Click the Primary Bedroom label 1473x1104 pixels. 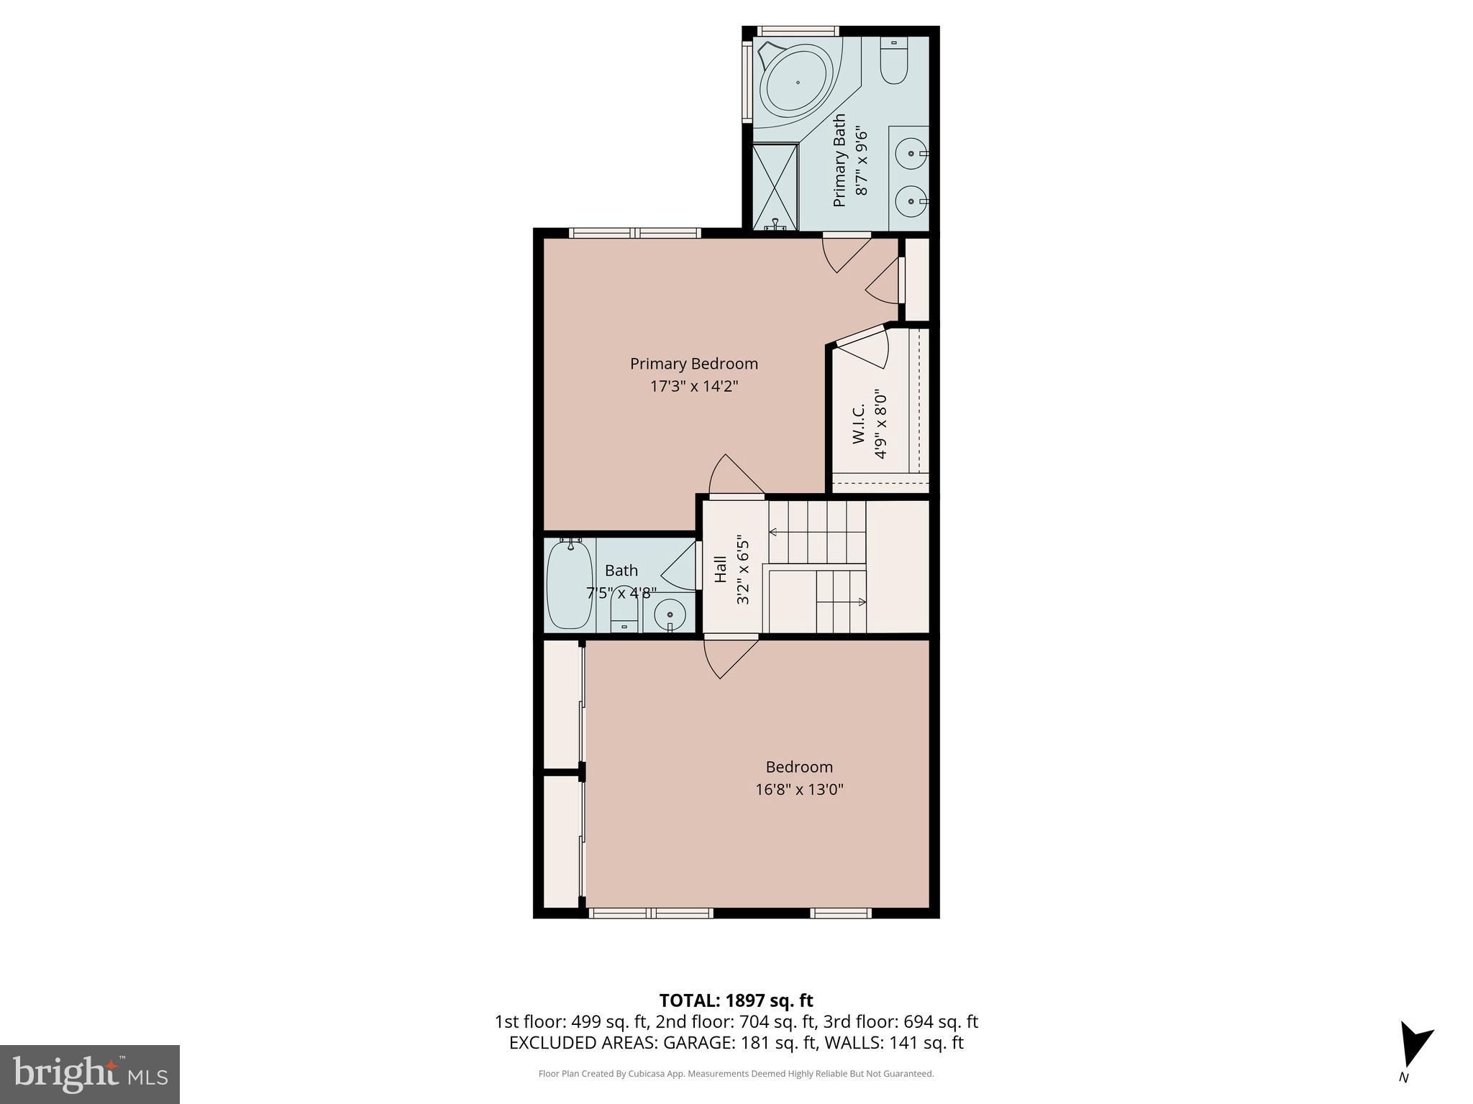pos(693,364)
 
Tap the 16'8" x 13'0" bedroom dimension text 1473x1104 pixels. pos(798,789)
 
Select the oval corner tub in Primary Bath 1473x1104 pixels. pos(797,82)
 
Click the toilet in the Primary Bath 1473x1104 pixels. pos(894,63)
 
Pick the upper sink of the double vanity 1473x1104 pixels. pos(911,153)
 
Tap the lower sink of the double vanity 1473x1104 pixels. pos(911,201)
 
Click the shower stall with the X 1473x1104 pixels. pos(775,185)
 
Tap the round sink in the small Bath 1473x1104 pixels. pos(670,615)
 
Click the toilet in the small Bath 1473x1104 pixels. pos(624,616)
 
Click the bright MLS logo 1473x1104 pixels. pos(90,1074)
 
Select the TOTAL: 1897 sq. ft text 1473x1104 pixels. pos(736,1000)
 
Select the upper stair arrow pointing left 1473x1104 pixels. pos(774,532)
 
